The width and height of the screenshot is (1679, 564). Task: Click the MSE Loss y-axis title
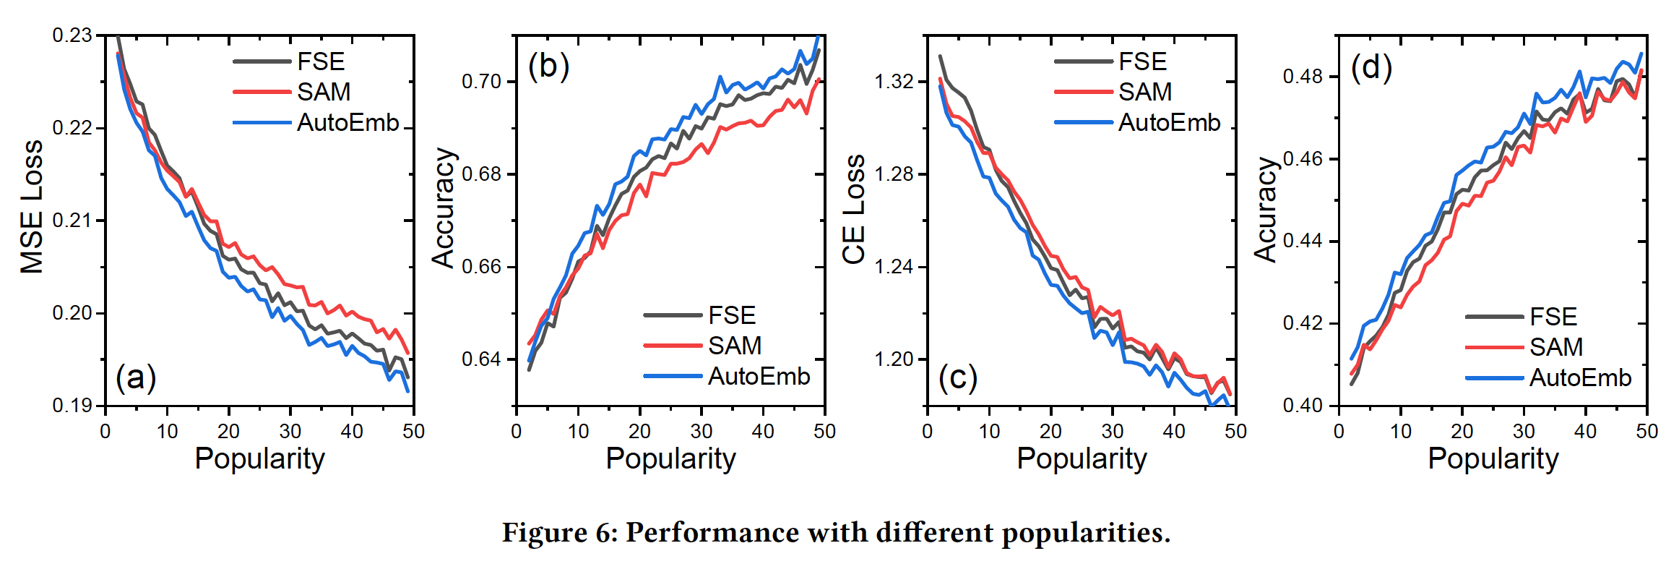point(32,207)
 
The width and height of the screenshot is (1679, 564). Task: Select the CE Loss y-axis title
point(854,210)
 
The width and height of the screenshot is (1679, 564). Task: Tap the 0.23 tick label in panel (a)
point(72,35)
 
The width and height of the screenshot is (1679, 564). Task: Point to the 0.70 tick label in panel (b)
point(482,82)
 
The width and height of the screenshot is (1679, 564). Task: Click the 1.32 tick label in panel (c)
point(894,82)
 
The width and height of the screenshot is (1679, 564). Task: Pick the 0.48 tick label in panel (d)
point(1303,77)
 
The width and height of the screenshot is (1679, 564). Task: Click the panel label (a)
point(136,377)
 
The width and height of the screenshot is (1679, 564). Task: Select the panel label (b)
point(548,67)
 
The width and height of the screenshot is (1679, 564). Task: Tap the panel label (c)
point(957,377)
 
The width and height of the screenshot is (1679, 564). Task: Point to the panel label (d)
point(1371,68)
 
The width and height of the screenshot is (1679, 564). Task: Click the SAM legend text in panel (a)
point(324,92)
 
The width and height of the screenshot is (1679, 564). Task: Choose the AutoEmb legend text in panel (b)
point(759,376)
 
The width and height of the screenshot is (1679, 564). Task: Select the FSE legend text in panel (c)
point(1142,61)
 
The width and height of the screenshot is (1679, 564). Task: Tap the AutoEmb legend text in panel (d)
point(1580,377)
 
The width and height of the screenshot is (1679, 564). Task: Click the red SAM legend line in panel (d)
point(1494,347)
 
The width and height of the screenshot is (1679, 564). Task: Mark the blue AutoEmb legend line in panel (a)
point(262,123)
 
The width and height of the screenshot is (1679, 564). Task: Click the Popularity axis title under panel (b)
point(670,458)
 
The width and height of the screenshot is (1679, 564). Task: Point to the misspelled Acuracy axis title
point(1266,210)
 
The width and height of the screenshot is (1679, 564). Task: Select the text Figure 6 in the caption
point(558,532)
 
